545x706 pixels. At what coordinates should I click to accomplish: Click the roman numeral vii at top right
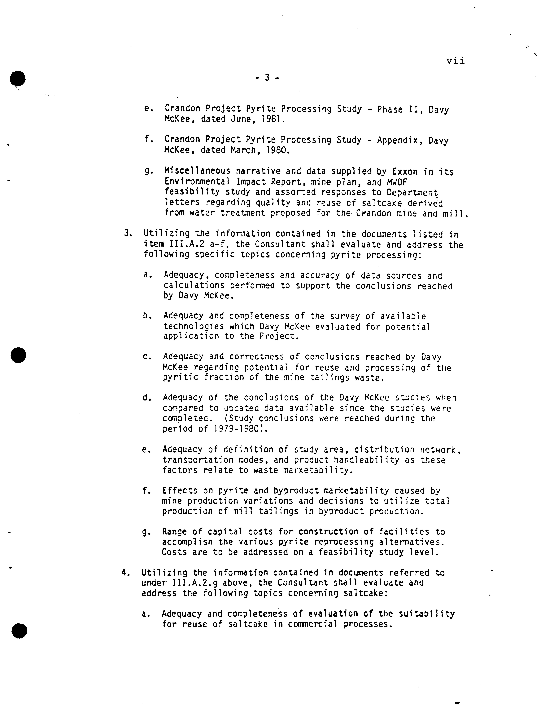[x=456, y=61]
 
